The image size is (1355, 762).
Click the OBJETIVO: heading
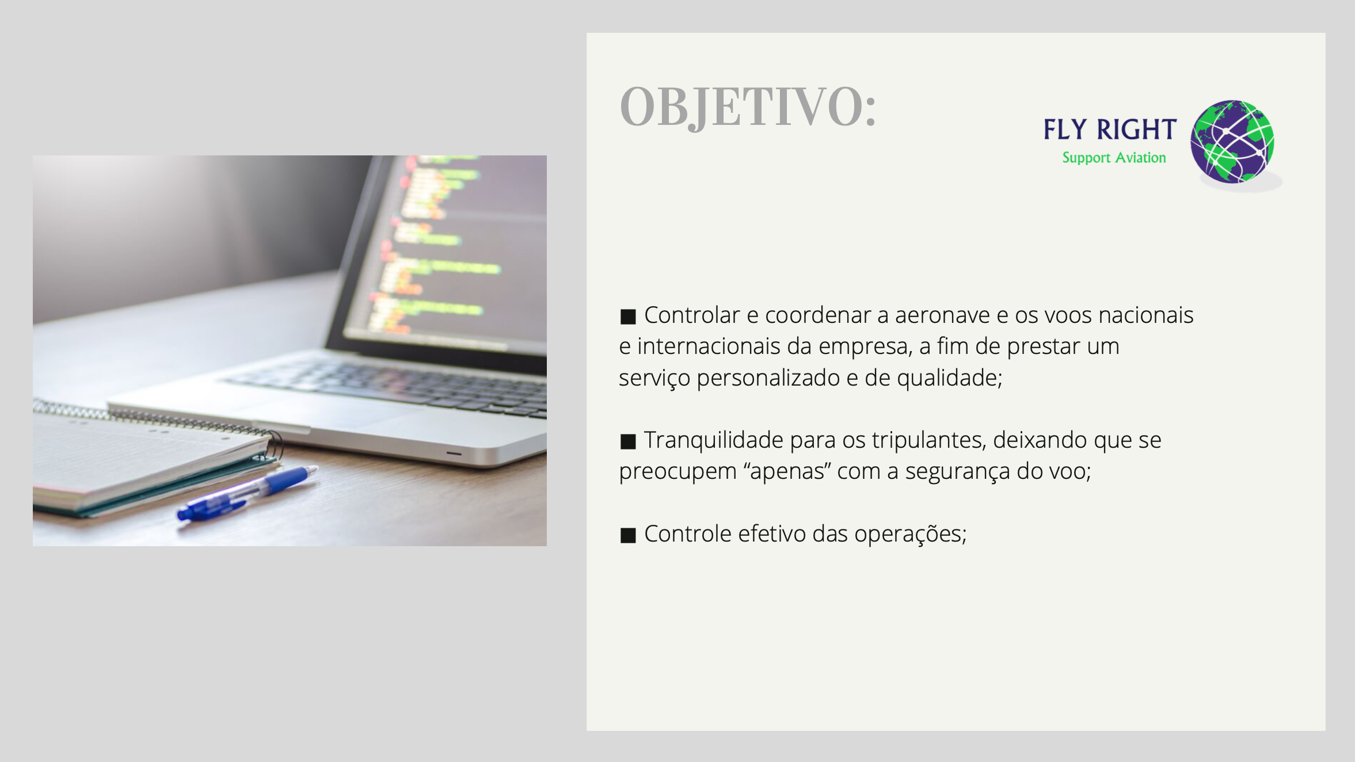(748, 107)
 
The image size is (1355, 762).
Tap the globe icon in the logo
(1232, 142)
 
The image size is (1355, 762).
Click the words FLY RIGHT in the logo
(1110, 129)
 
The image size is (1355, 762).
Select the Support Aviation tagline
(1114, 158)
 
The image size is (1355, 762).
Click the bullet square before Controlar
(628, 317)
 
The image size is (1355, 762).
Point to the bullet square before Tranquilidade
(628, 441)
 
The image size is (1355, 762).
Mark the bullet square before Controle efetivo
(628, 535)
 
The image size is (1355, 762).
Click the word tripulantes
(929, 440)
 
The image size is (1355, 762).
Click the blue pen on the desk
(247, 493)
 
